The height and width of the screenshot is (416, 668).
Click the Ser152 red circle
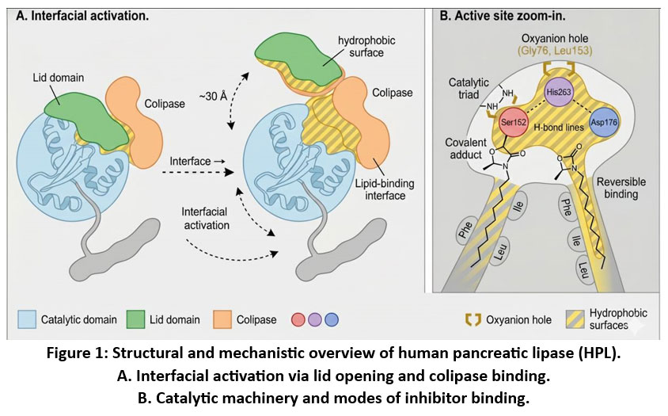click(x=515, y=122)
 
